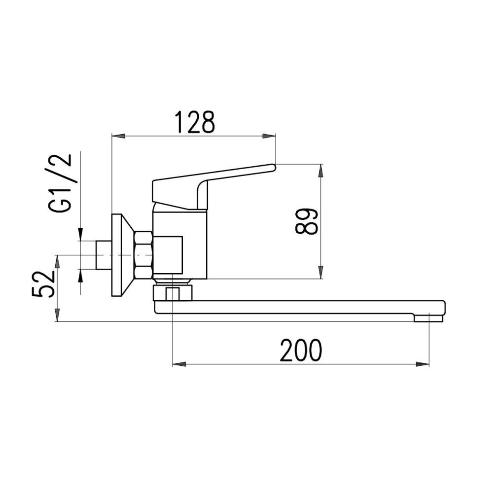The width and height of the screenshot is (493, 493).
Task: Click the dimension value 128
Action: [196, 123]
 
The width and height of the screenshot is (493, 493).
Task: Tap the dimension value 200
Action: [301, 351]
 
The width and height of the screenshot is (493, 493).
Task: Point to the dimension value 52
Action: [43, 284]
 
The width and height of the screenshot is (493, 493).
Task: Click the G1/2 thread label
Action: [61, 183]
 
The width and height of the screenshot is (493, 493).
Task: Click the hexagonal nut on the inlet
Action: [143, 255]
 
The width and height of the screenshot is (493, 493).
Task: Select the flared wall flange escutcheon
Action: [121, 255]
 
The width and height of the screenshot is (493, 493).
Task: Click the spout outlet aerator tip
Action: [428, 318]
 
